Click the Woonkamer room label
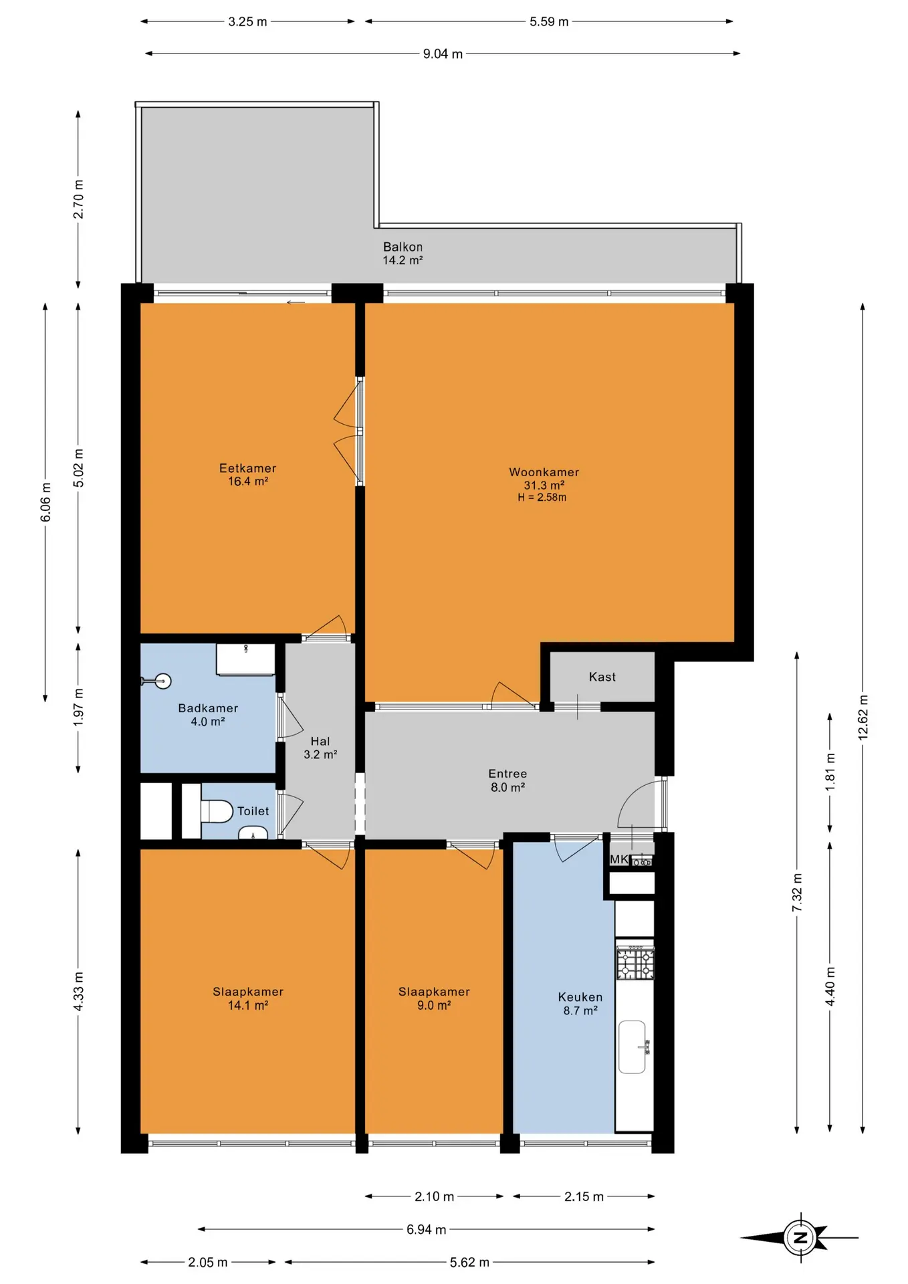pos(544,472)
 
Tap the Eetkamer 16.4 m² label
pos(247,475)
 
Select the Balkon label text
pos(403,247)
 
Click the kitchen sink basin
pos(633,1047)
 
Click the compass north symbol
pos(800,1237)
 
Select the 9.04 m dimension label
pos(443,53)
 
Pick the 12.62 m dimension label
pos(863,717)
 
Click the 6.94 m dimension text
pos(426,1229)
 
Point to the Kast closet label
pos(602,677)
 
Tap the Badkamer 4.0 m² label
pos(208,715)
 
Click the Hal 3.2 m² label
pos(320,748)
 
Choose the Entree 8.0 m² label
pos(507,780)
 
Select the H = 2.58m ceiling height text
pos(542,498)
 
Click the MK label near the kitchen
pos(618,859)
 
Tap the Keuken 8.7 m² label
pos(580,1004)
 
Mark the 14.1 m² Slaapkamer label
pos(247,998)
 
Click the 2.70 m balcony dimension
pos(78,199)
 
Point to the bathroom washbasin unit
pos(245,659)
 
